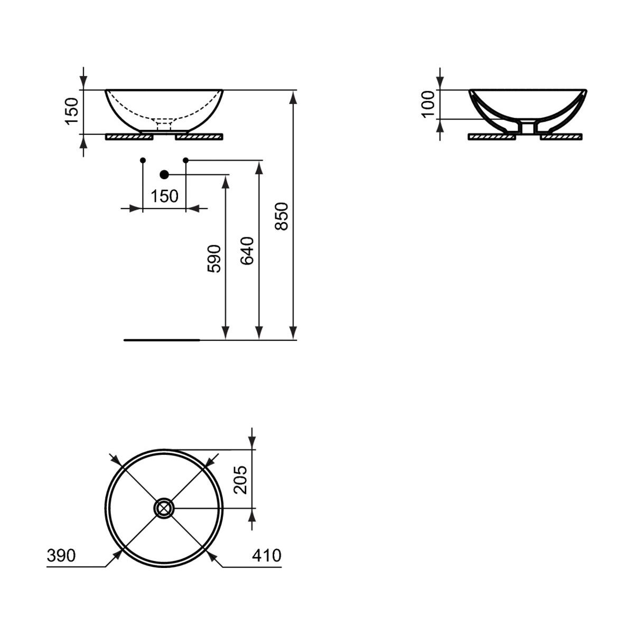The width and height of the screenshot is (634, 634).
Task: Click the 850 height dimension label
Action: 282,216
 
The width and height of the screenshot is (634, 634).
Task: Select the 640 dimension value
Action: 247,251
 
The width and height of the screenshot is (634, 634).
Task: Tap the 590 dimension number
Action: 214,258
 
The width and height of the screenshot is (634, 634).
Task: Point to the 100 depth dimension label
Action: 428,104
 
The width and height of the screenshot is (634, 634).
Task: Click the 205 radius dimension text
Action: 240,480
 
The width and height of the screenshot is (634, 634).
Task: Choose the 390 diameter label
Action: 61,555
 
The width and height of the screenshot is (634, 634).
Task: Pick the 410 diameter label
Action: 267,555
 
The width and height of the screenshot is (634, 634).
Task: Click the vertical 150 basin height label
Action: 72,111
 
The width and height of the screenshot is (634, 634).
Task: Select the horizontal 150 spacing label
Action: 164,197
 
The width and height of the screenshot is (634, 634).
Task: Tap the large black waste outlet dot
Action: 164,175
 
